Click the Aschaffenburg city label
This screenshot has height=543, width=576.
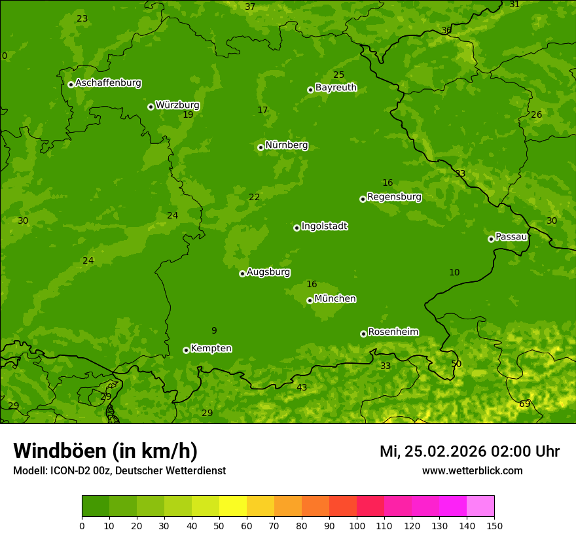(x=108, y=83)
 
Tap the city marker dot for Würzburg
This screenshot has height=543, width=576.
(x=151, y=107)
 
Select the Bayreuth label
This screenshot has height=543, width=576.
(x=336, y=88)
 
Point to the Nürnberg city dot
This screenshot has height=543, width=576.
(x=261, y=147)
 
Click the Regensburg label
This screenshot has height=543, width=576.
(x=394, y=197)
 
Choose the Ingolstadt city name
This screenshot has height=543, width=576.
(x=324, y=226)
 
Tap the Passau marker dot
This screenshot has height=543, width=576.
(x=491, y=239)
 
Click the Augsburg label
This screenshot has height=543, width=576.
(x=268, y=272)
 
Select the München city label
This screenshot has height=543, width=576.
(x=335, y=299)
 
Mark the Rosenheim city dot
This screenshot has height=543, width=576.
(x=363, y=334)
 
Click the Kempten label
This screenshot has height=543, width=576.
(x=211, y=349)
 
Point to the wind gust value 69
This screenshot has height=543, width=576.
(x=524, y=404)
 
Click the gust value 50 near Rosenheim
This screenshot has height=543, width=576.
(x=456, y=364)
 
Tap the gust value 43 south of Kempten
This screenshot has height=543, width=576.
(x=302, y=388)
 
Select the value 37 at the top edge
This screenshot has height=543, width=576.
(x=250, y=7)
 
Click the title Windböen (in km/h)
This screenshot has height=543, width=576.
(x=105, y=451)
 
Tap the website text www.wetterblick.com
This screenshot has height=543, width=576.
(x=472, y=470)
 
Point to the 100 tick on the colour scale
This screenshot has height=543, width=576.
(x=357, y=525)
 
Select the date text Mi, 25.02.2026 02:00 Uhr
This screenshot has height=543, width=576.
(x=469, y=451)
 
